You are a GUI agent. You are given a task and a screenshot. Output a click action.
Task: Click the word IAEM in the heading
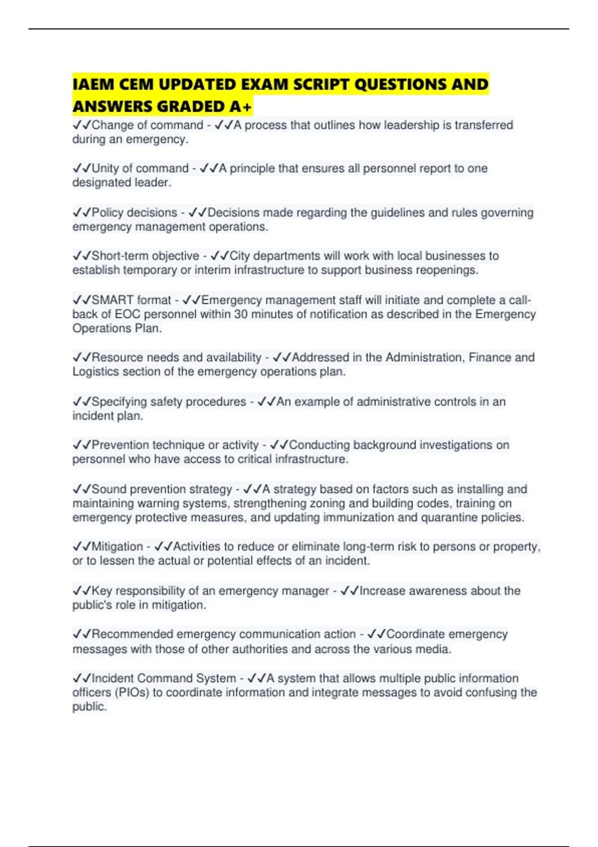(93, 84)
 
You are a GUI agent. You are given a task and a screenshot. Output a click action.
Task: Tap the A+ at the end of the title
(242, 107)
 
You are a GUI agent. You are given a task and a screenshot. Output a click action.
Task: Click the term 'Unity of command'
(140, 168)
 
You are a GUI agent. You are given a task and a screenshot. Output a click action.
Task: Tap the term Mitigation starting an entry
(117, 547)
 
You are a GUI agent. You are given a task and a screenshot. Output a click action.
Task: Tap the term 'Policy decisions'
(135, 213)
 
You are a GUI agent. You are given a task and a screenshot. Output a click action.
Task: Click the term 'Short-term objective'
(145, 256)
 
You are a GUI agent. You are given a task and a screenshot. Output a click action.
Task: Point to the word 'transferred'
(482, 125)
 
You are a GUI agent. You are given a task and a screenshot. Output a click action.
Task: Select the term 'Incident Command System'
(164, 678)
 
